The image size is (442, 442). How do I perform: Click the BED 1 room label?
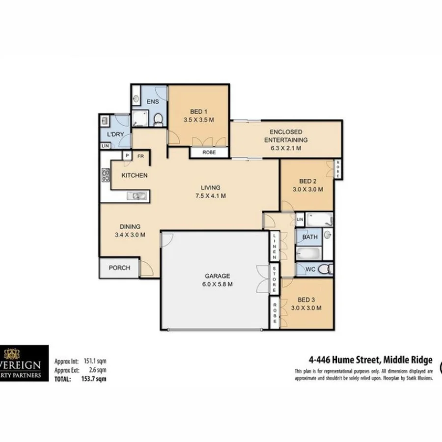198,111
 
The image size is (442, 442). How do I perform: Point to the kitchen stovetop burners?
105,175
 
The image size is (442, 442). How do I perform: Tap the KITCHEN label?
134,175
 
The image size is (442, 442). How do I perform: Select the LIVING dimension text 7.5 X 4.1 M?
210,195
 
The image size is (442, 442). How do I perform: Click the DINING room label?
130,226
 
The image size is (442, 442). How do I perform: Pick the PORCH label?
119,268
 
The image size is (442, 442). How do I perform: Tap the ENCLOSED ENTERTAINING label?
286,136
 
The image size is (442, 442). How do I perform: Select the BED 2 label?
307,181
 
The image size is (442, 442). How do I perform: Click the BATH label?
310,237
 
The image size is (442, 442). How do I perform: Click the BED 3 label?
306,300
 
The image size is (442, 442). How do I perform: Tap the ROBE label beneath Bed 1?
209,153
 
